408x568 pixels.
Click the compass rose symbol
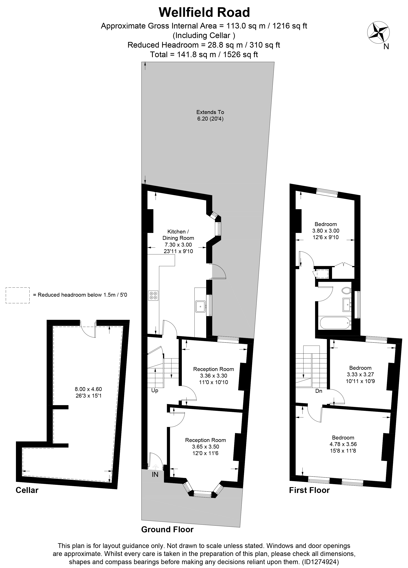pyautogui.click(x=378, y=33)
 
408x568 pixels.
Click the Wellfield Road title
pyautogui.click(x=204, y=13)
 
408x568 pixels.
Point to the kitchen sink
pyautogui.click(x=200, y=306)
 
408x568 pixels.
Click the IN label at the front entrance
pyautogui.click(x=155, y=474)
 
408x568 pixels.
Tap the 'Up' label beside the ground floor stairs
pyautogui.click(x=155, y=391)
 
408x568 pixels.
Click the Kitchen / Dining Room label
pyautogui.click(x=178, y=235)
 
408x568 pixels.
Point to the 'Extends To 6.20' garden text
pyautogui.click(x=210, y=115)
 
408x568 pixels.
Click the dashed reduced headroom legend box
pyautogui.click(x=18, y=295)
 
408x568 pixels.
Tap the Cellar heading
pyautogui.click(x=27, y=490)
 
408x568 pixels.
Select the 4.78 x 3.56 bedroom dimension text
pyautogui.click(x=343, y=444)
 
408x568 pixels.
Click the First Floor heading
pyautogui.click(x=309, y=490)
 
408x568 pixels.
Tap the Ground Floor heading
pyautogui.click(x=167, y=529)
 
